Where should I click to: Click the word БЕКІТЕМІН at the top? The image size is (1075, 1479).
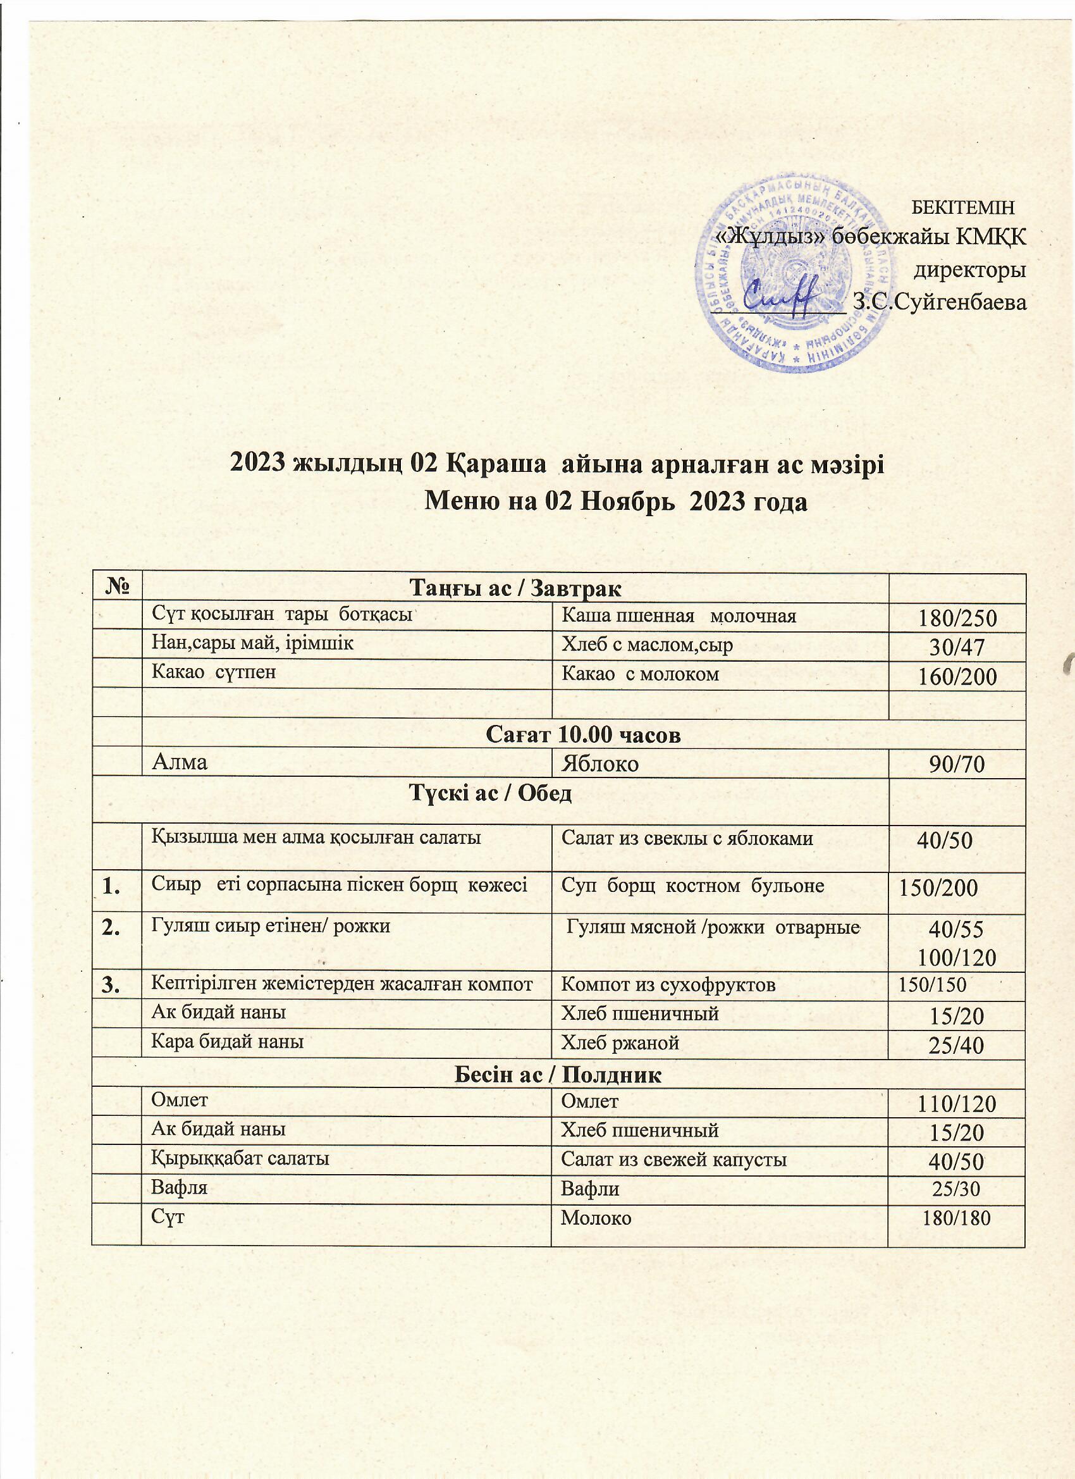pyautogui.click(x=963, y=208)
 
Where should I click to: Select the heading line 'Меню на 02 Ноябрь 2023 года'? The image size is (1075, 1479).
pyautogui.click(x=616, y=502)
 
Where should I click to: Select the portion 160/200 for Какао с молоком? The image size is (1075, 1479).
pyautogui.click(x=957, y=678)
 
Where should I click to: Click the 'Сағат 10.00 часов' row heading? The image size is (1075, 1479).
pyautogui.click(x=584, y=736)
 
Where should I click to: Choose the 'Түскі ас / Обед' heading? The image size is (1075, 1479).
pyautogui.click(x=489, y=794)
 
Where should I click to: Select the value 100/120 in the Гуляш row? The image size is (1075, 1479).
pyautogui.click(x=957, y=957)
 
